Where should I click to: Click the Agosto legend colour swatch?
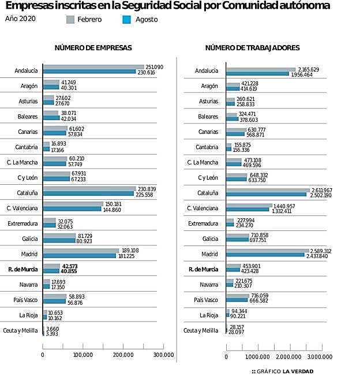pyautogui.click(x=128, y=19)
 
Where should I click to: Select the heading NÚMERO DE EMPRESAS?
pyautogui.click(x=93, y=48)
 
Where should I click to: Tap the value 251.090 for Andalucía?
pyautogui.click(x=154, y=67)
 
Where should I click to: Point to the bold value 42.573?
pyautogui.click(x=70, y=266)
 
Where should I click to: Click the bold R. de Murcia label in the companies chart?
pyautogui.click(x=23, y=269)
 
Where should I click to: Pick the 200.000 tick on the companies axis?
pyautogui.click(x=123, y=355)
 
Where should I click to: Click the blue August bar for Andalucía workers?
pyautogui.click(x=257, y=74)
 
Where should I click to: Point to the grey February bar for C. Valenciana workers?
pyautogui.click(x=249, y=206)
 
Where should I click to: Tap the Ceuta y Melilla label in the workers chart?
pyautogui.click(x=201, y=330)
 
